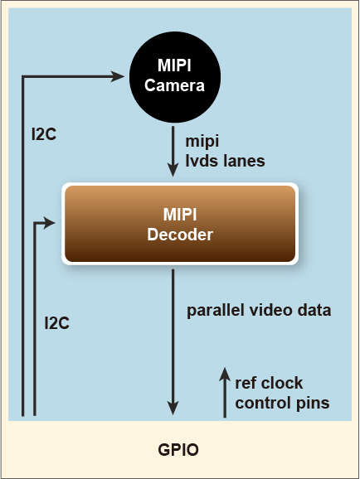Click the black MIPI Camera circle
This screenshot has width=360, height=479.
[x=175, y=77]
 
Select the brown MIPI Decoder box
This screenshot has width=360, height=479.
[x=180, y=224]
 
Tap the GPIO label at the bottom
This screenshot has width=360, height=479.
[x=178, y=450]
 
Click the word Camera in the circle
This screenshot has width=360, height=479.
[x=174, y=85]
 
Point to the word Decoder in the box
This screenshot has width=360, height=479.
[x=180, y=235]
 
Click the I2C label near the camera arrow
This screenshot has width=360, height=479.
[x=44, y=134]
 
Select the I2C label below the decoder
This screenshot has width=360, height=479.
[x=57, y=323]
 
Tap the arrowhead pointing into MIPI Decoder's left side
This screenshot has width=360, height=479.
[x=50, y=223]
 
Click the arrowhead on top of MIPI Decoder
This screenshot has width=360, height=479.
[x=173, y=170]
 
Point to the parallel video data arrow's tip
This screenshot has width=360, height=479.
[x=173, y=414]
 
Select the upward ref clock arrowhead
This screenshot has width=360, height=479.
[x=225, y=374]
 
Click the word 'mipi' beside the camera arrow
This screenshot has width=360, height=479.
[x=202, y=141]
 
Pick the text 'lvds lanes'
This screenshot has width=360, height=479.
[x=225, y=161]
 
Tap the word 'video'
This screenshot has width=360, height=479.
[x=267, y=311]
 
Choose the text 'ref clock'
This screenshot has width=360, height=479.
[x=269, y=383]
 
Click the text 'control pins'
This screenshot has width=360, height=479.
[x=282, y=404]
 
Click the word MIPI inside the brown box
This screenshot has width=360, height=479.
[x=180, y=215]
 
